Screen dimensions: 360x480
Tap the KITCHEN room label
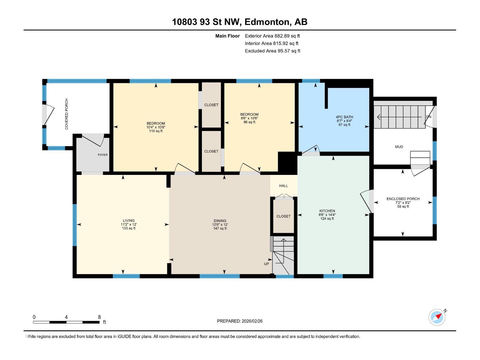coord(327,211)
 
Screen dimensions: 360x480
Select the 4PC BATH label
coord(344,117)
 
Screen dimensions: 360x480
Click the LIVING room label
coord(128,220)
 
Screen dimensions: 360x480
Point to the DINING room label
coord(220,220)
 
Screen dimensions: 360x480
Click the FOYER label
coord(103,155)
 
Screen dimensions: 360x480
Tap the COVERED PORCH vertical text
coord(67,114)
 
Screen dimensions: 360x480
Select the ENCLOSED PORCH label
coord(403,199)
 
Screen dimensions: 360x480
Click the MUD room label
coord(399,147)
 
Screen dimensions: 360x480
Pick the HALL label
coord(283,186)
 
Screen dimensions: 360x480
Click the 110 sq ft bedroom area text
coord(156,131)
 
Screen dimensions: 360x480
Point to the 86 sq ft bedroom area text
coord(249,122)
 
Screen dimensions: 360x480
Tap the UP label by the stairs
coord(266,264)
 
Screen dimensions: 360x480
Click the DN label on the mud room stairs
coord(428,117)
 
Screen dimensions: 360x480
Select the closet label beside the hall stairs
coord(283,216)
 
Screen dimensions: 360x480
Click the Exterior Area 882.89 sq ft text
coord(272,36)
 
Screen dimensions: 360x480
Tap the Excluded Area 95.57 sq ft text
coord(272,51)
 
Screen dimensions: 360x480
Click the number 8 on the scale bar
coord(99,317)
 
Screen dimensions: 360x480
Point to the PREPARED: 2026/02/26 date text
coord(240,321)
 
